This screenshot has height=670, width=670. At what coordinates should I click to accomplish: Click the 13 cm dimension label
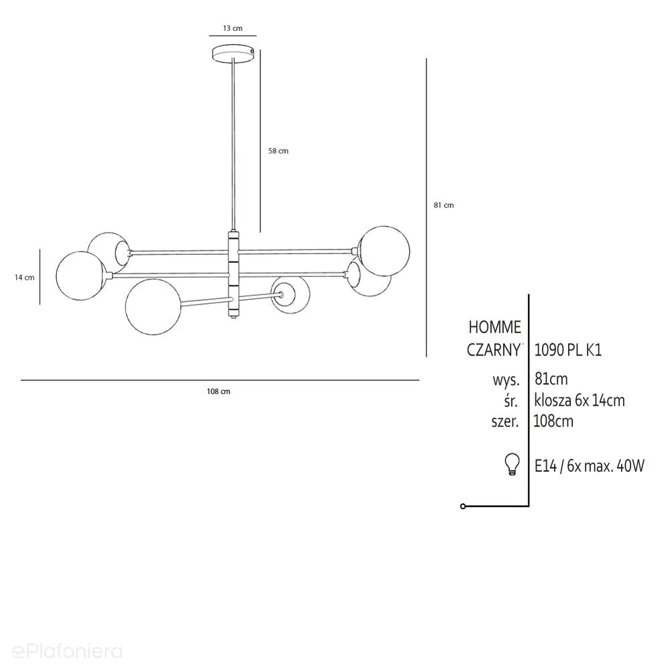[233, 28]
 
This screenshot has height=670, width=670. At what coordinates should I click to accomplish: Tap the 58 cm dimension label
[278, 151]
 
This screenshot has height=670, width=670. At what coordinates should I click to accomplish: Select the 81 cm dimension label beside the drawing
[443, 205]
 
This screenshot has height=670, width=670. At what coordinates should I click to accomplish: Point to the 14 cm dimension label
[24, 277]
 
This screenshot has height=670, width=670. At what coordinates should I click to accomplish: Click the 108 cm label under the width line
[219, 392]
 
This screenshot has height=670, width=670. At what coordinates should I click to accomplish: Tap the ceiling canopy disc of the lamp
[233, 54]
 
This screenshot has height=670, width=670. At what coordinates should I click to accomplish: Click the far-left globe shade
[81, 276]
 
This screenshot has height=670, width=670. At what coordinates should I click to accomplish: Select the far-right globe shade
[384, 252]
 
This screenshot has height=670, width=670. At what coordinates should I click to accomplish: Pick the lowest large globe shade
[154, 306]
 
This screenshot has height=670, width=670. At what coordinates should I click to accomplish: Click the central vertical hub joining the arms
[233, 275]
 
